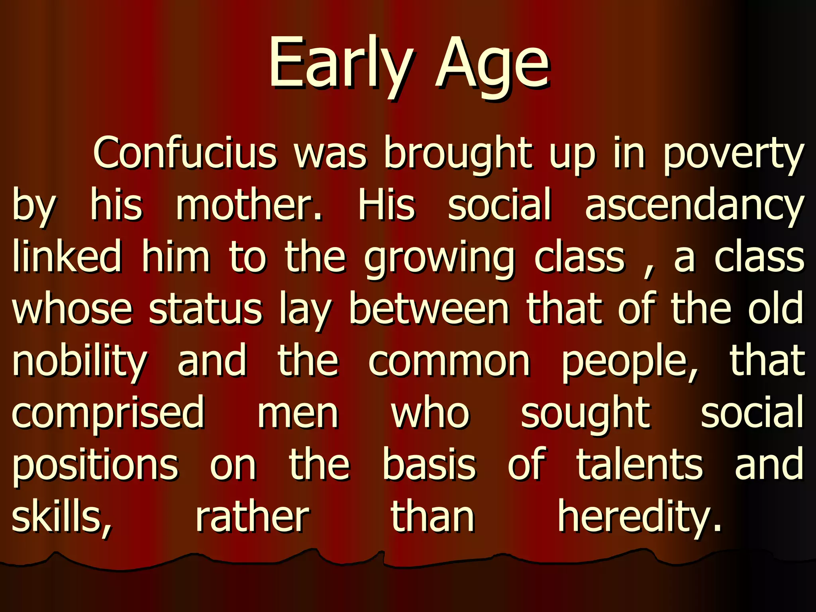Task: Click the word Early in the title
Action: click(x=341, y=64)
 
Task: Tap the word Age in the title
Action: click(x=492, y=66)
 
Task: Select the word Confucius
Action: click(x=185, y=154)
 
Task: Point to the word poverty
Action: click(x=733, y=155)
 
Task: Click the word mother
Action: click(x=249, y=206)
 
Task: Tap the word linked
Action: click(x=67, y=257)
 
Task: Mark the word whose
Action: click(x=72, y=309)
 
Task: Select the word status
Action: click(x=206, y=309)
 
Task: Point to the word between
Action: click(x=429, y=309)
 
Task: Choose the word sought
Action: click(x=586, y=414)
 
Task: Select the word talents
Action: click(x=640, y=465)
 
